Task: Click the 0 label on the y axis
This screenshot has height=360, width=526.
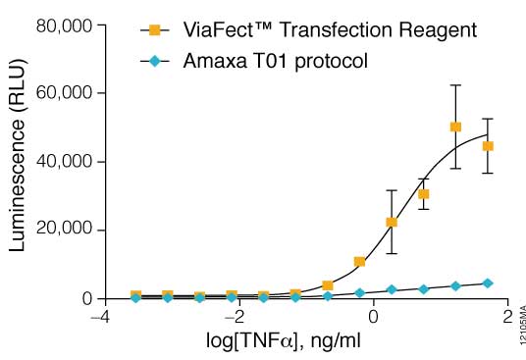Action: pyautogui.click(x=86, y=298)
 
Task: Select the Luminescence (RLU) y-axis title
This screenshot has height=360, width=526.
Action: pyautogui.click(x=18, y=162)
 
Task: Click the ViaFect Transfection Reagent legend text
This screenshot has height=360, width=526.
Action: pyautogui.click(x=330, y=29)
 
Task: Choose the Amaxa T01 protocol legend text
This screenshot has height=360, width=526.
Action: pyautogui.click(x=276, y=62)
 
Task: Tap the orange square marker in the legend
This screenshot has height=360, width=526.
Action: pyautogui.click(x=153, y=29)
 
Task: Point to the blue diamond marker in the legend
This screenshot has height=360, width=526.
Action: pyautogui.click(x=153, y=62)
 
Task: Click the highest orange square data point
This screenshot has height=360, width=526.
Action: pyautogui.click(x=455, y=127)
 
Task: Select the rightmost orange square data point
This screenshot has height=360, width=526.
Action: pyautogui.click(x=488, y=146)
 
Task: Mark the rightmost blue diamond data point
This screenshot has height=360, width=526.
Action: pyautogui.click(x=488, y=283)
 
